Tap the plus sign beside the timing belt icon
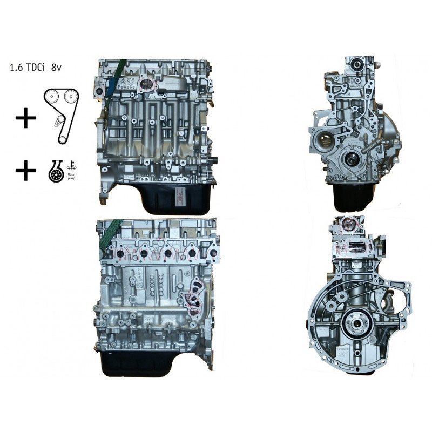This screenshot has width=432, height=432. (25, 118)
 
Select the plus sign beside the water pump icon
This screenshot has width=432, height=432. (25, 171)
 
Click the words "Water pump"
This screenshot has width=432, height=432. (71, 177)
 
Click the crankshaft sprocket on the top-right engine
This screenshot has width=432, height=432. (351, 159)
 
